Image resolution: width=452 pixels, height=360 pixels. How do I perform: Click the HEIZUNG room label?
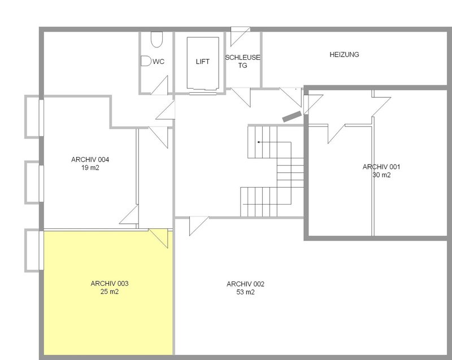[344, 54]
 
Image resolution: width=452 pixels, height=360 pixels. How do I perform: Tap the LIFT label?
[202, 62]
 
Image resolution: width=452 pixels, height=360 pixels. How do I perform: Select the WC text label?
[159, 62]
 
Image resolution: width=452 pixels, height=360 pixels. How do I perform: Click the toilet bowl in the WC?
[157, 39]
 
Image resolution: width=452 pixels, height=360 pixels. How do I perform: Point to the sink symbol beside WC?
[146, 61]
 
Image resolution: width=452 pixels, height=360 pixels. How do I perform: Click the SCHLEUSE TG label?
[242, 62]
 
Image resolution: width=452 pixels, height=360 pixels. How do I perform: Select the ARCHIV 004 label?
[90, 159]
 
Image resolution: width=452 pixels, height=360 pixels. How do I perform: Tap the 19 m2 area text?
[90, 168]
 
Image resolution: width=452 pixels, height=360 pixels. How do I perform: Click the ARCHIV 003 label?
[110, 284]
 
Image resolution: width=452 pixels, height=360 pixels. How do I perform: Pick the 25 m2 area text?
[110, 292]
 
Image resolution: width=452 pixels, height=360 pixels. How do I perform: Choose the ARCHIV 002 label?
[245, 284]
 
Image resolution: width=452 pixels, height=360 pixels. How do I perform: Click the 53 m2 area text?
[245, 292]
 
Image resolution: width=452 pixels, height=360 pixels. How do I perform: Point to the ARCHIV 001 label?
[381, 167]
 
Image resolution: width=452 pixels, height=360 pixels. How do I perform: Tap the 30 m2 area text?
[381, 175]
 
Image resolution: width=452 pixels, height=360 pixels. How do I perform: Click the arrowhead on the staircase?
[259, 142]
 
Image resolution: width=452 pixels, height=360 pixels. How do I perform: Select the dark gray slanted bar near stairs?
[292, 116]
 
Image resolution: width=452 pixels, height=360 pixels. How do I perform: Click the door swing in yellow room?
[158, 238]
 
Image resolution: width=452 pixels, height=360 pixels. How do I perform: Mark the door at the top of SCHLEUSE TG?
[240, 37]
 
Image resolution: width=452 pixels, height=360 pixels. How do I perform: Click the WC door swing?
[159, 85]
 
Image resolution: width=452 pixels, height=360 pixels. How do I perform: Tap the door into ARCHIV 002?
[199, 226]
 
